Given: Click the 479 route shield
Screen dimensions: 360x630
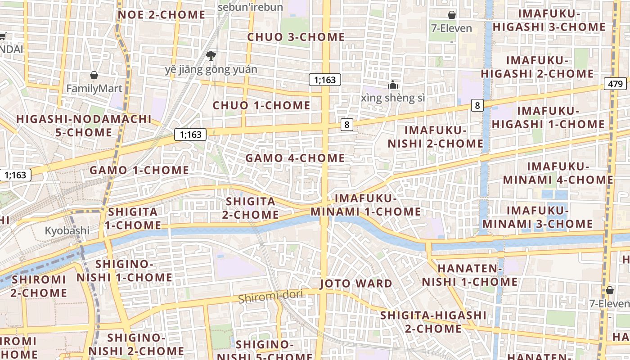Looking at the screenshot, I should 615,84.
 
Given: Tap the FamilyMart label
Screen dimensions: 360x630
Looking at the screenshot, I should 94,88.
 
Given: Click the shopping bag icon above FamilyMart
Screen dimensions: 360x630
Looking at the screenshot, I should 94,75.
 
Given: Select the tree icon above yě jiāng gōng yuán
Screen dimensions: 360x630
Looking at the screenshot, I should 210,56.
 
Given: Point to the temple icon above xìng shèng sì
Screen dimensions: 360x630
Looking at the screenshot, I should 393,85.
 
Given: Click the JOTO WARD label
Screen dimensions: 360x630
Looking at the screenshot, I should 356,283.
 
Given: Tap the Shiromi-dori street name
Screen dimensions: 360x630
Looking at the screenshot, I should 270,297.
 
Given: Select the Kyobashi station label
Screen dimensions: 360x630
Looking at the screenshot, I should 67,231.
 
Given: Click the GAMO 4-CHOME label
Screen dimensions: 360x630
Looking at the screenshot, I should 295,158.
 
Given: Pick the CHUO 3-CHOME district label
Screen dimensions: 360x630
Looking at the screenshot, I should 296,37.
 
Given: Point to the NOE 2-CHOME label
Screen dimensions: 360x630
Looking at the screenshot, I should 162,15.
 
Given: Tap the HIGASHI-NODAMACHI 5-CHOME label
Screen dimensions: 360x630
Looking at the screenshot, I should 84,126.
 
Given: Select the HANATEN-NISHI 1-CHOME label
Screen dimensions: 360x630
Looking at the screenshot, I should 469,275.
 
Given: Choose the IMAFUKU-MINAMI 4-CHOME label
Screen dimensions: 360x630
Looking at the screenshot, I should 558,173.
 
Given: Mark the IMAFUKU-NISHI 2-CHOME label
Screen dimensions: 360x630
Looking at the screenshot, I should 436,137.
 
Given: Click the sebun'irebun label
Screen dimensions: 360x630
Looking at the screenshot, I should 250,7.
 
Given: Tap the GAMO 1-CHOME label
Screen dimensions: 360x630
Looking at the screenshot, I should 139,170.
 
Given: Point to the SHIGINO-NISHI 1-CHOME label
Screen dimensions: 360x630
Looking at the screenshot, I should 124,270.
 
